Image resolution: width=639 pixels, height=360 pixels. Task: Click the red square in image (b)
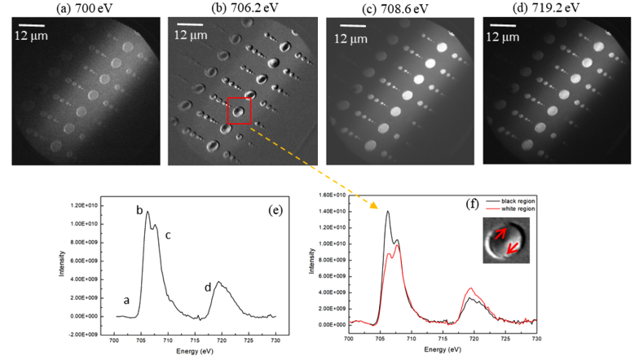pyautogui.click(x=239, y=111)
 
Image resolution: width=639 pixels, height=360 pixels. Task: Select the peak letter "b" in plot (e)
pyautogui.click(x=139, y=211)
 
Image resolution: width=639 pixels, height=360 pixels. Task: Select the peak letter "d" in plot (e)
pyautogui.click(x=208, y=288)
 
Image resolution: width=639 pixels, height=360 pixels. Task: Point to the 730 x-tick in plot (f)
pyautogui.click(x=535, y=336)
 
